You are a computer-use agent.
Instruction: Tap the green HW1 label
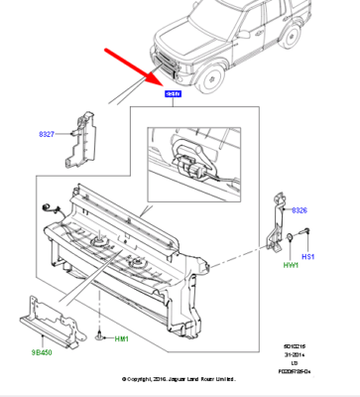coord(292,264)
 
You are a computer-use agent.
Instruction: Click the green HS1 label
coord(308,257)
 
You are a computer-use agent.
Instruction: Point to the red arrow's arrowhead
coord(154,74)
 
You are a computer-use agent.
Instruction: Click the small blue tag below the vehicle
coord(173,93)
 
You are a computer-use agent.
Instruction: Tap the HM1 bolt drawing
coord(102,337)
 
